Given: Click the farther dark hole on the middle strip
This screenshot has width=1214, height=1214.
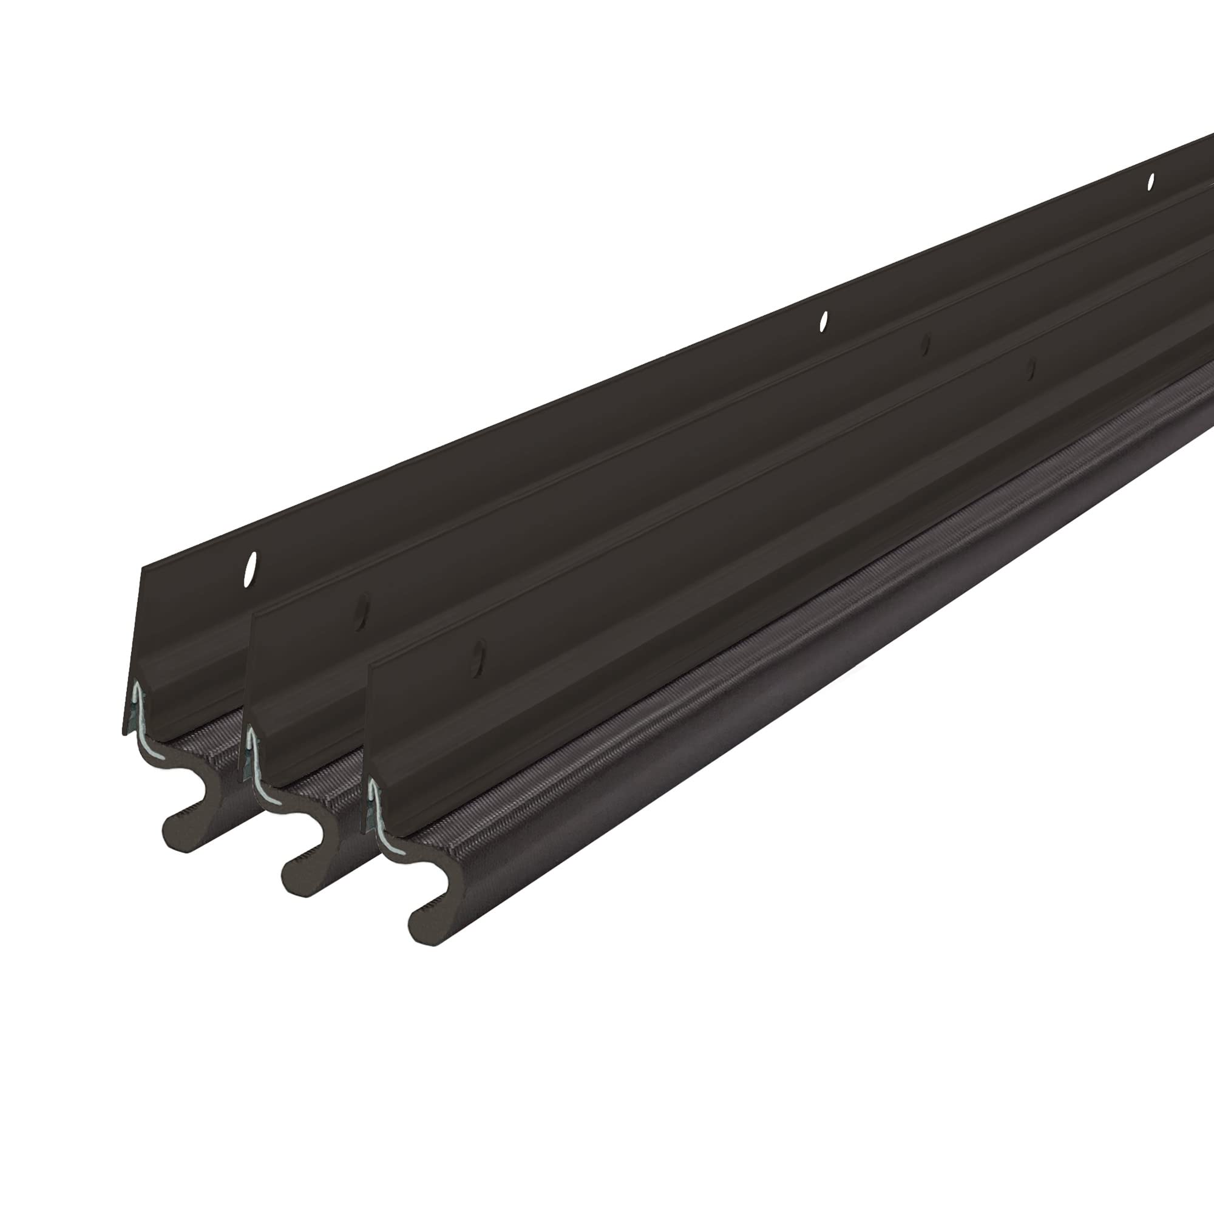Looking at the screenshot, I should (924, 344).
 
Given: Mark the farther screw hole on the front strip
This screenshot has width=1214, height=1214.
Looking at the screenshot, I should (1028, 370).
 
